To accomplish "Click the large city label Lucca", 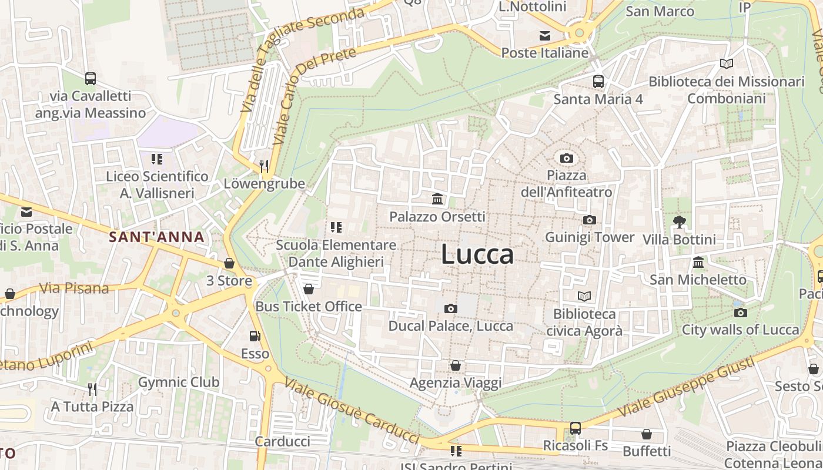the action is coord(477,254).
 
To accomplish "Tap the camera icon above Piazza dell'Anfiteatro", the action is coord(567,158).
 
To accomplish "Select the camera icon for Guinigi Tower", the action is coord(589,220).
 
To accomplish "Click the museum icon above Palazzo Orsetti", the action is coord(437,199).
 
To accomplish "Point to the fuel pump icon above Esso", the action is coord(255,336).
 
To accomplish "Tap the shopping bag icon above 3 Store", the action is coord(229,263).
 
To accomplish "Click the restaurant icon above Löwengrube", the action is coord(264,166).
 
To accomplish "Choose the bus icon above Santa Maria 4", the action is coord(598,82).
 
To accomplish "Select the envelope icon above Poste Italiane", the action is coord(545,36).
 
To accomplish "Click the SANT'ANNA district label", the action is coord(157,237).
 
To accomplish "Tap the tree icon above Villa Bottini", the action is coord(680,221).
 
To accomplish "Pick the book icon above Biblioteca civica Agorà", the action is coord(584,296).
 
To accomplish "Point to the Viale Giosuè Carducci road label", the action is coord(352,411).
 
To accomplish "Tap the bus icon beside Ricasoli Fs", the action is coord(576,428).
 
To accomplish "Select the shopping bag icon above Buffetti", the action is coord(647,434).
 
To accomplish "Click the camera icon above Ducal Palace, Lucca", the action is coord(451,308).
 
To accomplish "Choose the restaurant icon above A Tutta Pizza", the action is coord(92,389).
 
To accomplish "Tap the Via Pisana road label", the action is coord(74,288).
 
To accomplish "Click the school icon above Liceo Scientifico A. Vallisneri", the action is coord(156,159).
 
